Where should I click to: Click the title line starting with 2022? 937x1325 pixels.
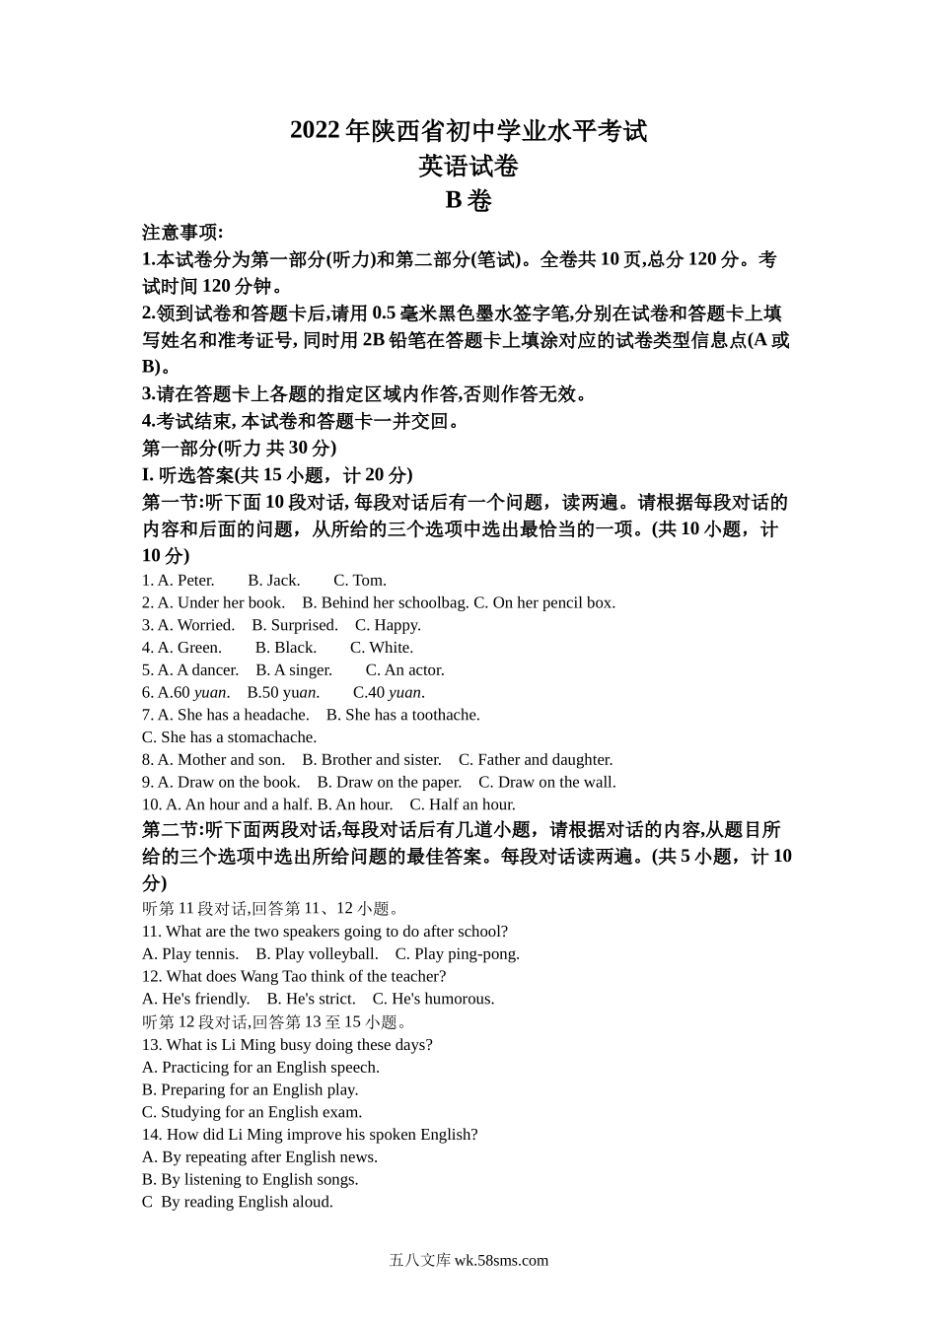click(x=468, y=130)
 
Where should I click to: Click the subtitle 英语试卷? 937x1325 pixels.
click(x=468, y=166)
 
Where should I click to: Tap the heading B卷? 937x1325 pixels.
click(x=468, y=200)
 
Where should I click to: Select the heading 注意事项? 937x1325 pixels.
click(x=182, y=233)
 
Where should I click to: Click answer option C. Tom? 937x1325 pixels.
click(x=360, y=580)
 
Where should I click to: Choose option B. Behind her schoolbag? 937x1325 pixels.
click(x=386, y=602)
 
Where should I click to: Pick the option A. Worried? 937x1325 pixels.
click(x=196, y=625)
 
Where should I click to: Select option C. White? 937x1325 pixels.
click(x=382, y=648)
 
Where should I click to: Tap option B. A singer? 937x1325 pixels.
click(x=294, y=670)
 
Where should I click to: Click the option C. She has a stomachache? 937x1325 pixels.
click(x=229, y=737)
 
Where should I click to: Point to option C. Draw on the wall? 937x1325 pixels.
click(x=547, y=783)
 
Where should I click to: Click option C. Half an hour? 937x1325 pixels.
click(x=463, y=804)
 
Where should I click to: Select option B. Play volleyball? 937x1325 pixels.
click(x=317, y=954)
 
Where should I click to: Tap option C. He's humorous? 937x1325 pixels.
click(x=433, y=999)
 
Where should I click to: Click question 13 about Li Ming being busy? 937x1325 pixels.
click(x=287, y=1045)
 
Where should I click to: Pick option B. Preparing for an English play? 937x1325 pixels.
click(x=250, y=1089)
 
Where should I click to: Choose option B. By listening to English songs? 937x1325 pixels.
click(x=250, y=1179)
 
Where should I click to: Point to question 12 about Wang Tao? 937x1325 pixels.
click(x=294, y=976)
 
